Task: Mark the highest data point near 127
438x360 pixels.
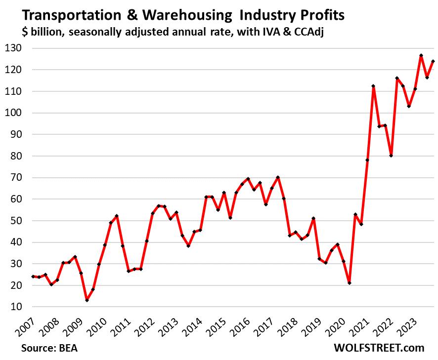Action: point(421,56)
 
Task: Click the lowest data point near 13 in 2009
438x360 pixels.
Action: point(87,300)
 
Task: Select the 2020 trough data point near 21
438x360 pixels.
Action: point(350,283)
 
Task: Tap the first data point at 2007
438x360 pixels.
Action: point(33,277)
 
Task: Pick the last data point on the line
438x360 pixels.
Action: point(433,62)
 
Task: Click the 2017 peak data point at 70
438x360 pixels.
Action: point(278,178)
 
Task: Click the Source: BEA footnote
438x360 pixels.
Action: point(49,348)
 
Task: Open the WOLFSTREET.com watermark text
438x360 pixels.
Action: point(379,348)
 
